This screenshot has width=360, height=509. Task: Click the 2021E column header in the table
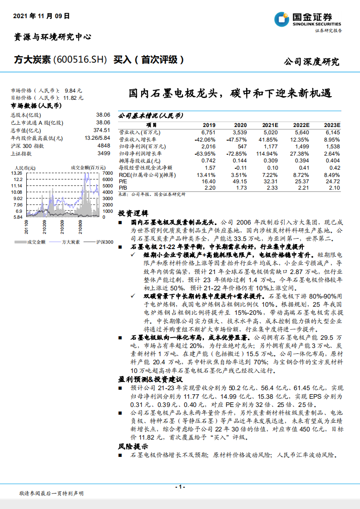click(x=270, y=125)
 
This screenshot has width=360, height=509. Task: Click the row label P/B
click(x=123, y=187)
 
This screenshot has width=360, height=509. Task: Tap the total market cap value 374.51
click(x=102, y=130)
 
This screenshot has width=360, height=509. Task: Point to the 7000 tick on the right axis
click(x=107, y=173)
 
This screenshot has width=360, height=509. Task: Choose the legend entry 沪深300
click(x=104, y=242)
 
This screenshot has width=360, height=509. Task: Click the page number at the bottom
click(x=180, y=487)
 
